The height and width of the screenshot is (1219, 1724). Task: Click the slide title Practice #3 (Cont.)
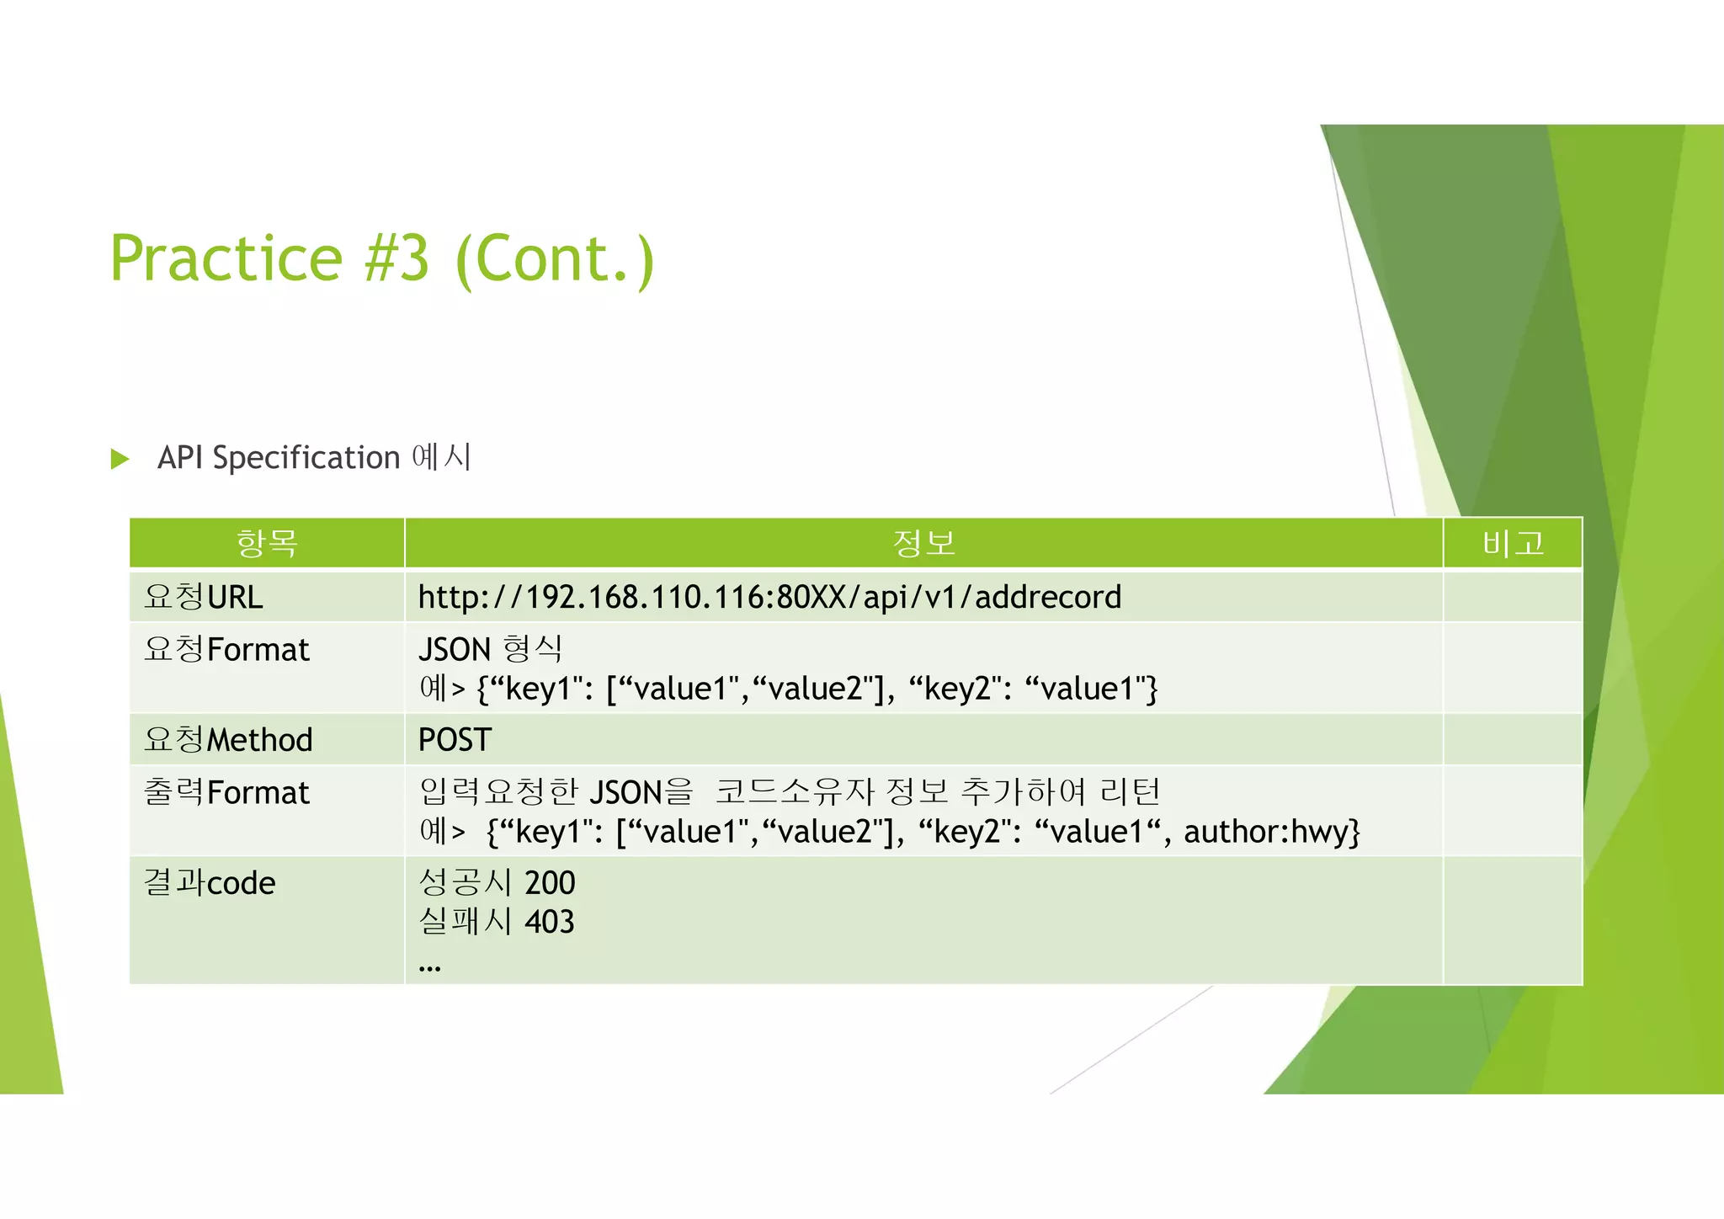(x=381, y=258)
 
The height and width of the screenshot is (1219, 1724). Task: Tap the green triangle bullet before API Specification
(x=120, y=459)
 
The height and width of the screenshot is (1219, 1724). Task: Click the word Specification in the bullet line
(x=306, y=458)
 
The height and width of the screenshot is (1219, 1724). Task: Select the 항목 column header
(x=267, y=543)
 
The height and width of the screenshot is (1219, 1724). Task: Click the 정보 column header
(x=923, y=543)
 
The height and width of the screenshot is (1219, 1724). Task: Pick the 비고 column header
(x=1513, y=543)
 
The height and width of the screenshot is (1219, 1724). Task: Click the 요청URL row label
(x=204, y=597)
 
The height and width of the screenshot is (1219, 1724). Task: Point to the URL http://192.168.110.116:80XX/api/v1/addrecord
(x=769, y=597)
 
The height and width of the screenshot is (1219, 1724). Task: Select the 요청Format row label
(x=226, y=649)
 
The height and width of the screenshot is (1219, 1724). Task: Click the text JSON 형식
(x=490, y=649)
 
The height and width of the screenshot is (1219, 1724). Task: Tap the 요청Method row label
(x=228, y=739)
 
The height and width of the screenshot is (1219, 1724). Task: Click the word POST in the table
(x=455, y=739)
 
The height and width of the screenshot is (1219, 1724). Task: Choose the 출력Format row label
(x=226, y=792)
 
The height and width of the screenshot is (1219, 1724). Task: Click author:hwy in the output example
(x=1271, y=832)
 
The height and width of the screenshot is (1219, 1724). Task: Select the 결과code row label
(x=210, y=882)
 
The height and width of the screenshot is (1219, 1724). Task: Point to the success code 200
(x=550, y=882)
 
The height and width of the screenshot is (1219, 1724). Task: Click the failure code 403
(x=550, y=922)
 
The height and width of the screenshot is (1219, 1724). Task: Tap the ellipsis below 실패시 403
(x=429, y=968)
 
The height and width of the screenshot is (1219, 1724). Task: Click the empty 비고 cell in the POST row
(x=1513, y=739)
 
